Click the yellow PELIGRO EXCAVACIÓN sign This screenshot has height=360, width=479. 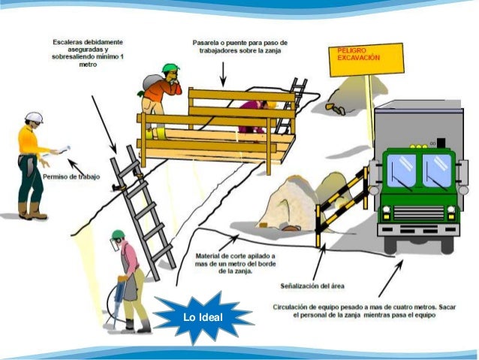pyautogui.click(x=366, y=58)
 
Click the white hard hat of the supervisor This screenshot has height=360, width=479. pyautogui.click(x=33, y=117)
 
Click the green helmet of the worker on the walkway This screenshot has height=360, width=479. pyautogui.click(x=171, y=68)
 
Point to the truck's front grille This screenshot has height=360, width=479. pyautogui.click(x=418, y=212)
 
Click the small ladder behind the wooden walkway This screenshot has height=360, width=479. pyautogui.click(x=295, y=98)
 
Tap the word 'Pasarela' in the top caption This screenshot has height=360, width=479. pyautogui.click(x=205, y=43)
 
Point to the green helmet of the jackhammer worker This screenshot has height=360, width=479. pyautogui.click(x=118, y=234)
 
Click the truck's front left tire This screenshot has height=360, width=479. pyautogui.click(x=393, y=243)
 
